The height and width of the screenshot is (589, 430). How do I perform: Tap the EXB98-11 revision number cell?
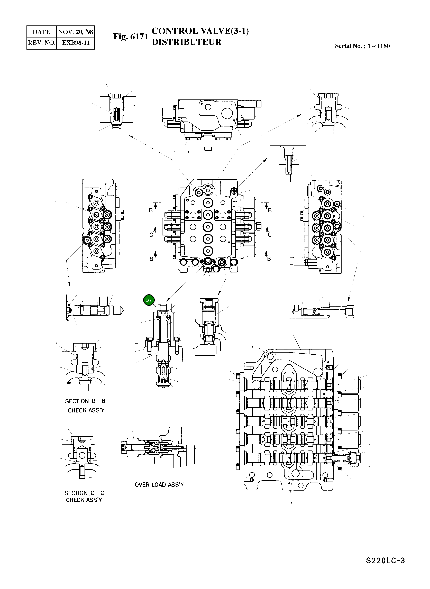point(76,43)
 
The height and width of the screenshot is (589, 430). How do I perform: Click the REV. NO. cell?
point(42,43)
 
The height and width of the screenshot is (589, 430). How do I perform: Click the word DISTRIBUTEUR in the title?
point(186,42)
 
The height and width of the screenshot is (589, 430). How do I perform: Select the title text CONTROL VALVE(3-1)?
point(200,31)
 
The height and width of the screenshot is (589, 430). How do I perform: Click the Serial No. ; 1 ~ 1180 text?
point(362,46)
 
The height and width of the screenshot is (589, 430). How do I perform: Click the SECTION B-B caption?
point(85,401)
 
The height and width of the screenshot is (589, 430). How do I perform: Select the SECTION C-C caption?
point(84,493)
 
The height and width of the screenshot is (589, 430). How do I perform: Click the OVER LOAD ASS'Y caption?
point(159,485)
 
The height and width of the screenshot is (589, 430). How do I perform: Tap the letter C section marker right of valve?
point(270,235)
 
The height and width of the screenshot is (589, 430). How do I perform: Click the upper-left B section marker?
point(151,210)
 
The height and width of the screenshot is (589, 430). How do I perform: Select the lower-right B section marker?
point(269,259)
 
